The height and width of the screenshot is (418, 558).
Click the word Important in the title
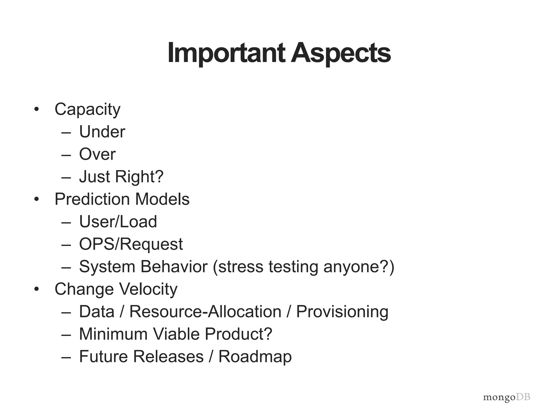coord(226,53)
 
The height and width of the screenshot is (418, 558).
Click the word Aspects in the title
coord(341,53)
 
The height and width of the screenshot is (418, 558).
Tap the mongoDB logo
coord(507,397)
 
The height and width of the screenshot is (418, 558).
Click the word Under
coord(102,132)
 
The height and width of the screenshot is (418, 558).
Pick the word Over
coord(97,154)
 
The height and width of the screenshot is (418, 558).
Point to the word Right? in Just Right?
coord(139,177)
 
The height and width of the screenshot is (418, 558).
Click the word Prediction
coord(92,199)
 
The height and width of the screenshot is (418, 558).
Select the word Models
coord(162,199)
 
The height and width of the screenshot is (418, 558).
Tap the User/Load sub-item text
coord(118,222)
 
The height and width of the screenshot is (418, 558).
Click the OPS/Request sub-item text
coord(131,244)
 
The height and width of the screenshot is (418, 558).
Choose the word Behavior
coord(174,266)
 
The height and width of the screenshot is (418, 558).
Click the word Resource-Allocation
coord(205,312)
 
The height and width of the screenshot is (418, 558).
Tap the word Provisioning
coord(342,312)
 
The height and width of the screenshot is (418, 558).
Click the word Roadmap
coord(255,356)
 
